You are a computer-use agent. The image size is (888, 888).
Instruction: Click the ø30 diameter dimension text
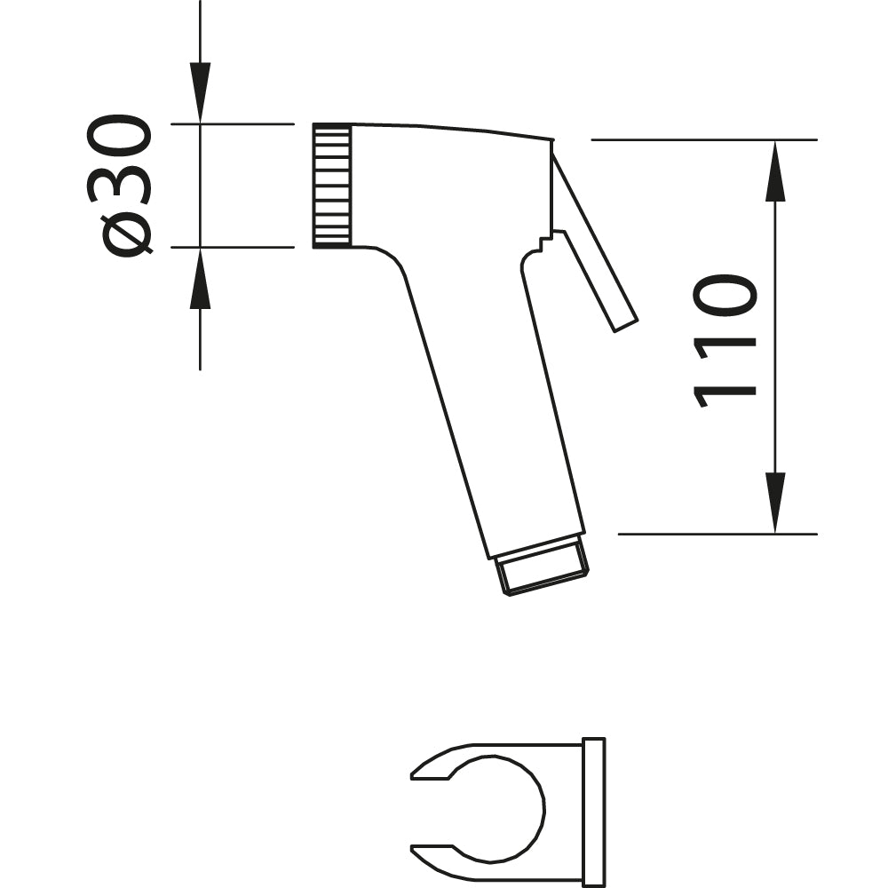pos(119,186)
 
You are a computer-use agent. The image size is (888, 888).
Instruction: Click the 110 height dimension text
pos(725,342)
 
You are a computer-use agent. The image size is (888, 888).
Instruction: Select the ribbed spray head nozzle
pos(332,186)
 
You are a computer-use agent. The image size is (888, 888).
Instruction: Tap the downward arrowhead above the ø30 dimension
pos(200,92)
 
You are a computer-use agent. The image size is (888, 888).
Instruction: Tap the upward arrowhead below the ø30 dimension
pos(200,278)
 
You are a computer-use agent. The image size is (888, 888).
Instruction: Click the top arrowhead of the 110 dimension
pos(775,170)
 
